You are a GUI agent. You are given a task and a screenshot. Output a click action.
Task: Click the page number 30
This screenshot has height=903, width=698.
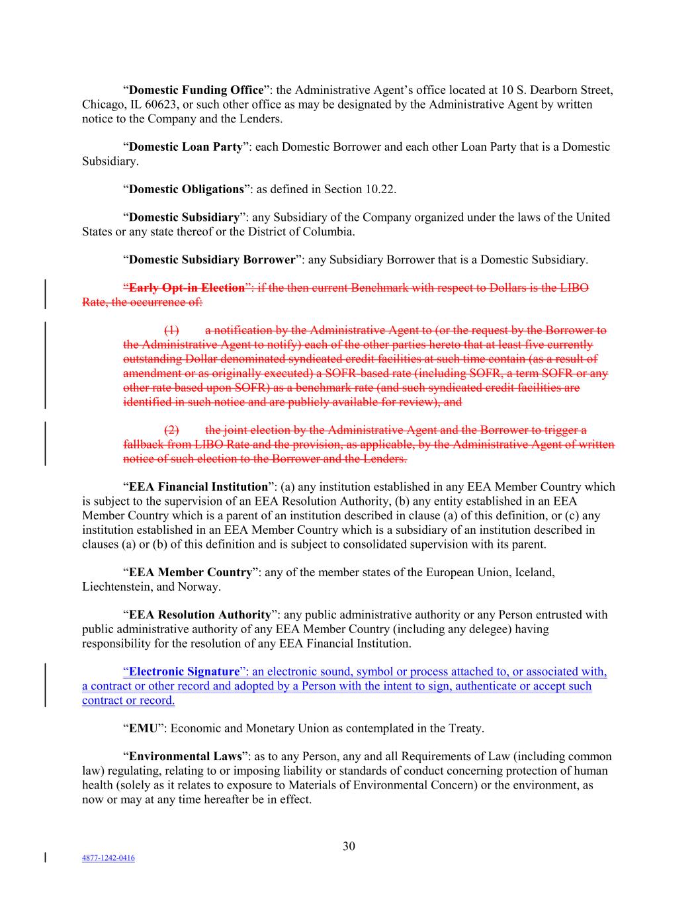(x=349, y=846)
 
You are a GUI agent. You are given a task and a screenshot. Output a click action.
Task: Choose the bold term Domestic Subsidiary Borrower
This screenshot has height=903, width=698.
(x=212, y=259)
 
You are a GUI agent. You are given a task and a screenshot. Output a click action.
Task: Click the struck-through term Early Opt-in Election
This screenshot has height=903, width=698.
(x=187, y=288)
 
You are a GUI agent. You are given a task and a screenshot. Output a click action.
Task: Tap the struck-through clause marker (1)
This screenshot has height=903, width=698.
(x=171, y=330)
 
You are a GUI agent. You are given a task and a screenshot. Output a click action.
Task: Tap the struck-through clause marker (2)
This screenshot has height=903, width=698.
(x=171, y=430)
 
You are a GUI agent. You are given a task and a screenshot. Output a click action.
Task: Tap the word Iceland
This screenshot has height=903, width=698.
(x=534, y=572)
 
